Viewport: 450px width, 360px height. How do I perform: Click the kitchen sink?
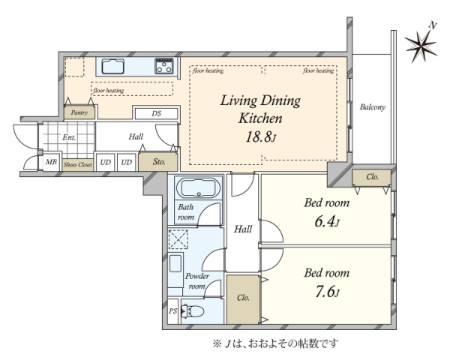[112, 66]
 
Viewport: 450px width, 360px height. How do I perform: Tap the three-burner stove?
[164, 66]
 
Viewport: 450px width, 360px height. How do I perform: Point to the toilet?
[192, 311]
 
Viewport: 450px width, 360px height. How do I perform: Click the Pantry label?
[79, 112]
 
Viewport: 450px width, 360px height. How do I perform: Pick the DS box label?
[157, 114]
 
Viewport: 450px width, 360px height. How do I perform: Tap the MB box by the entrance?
[51, 162]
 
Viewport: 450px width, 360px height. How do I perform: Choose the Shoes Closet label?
[78, 165]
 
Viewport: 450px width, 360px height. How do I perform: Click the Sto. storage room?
[158, 162]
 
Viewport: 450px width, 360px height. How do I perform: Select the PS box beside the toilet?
[172, 311]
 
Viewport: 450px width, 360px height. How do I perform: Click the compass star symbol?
[421, 45]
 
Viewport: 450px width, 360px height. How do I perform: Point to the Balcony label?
[373, 107]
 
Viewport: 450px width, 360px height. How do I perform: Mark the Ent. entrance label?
[69, 137]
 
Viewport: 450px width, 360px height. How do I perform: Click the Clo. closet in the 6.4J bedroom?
[372, 178]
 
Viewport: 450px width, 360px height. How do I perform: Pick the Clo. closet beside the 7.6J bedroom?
[243, 299]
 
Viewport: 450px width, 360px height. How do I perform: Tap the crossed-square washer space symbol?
[178, 239]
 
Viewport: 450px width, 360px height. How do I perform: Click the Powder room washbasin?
[175, 263]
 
